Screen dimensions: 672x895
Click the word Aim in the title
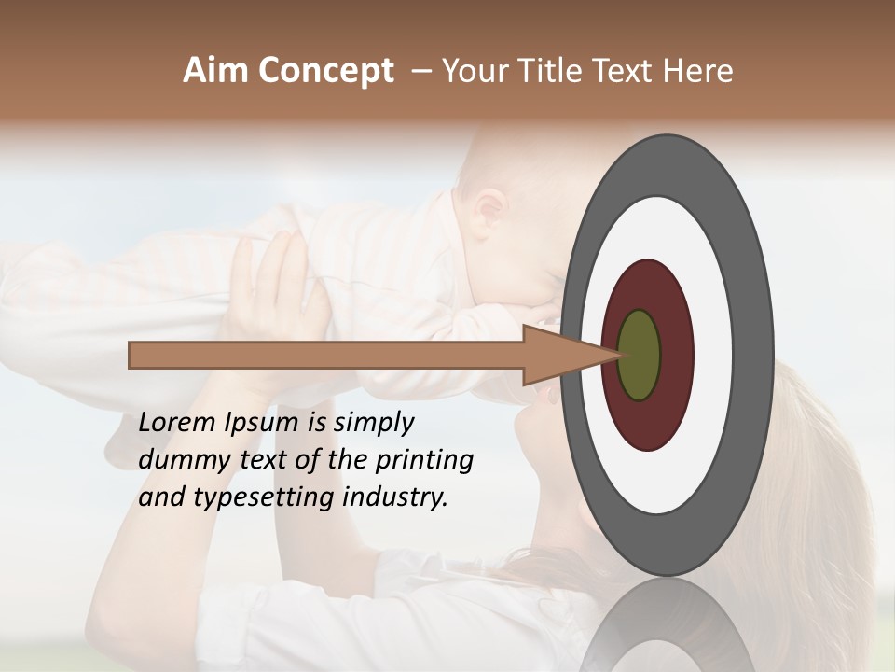click(216, 71)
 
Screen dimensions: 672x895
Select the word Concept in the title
click(325, 71)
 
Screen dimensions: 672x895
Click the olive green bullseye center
click(640, 355)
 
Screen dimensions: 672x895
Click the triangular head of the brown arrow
click(559, 356)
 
